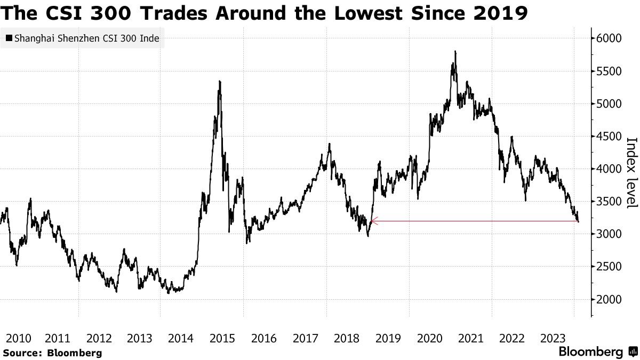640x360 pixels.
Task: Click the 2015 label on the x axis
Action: click(223, 338)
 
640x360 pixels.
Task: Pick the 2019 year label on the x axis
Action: click(388, 338)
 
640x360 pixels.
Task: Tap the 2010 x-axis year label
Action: click(17, 338)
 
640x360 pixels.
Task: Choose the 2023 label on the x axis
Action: click(553, 338)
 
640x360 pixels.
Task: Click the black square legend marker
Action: click(9, 38)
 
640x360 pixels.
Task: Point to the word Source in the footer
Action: click(22, 353)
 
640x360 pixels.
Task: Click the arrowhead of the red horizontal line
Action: click(372, 221)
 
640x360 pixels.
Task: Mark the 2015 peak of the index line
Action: click(220, 81)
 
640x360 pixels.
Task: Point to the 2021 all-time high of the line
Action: click(455, 52)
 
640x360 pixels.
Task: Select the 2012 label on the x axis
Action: click(99, 338)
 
